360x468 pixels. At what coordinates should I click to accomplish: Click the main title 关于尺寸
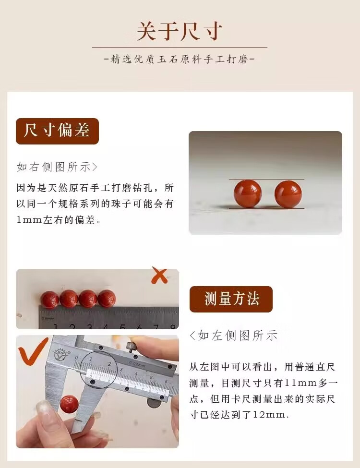(x=180, y=31)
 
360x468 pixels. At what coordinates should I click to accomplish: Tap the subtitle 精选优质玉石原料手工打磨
(x=179, y=59)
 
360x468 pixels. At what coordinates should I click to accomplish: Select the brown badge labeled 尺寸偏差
(x=57, y=131)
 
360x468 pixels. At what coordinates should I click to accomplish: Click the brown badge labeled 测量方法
(x=231, y=299)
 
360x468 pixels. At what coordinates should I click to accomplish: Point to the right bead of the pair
(x=288, y=194)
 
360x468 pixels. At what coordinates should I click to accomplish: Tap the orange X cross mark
(x=159, y=275)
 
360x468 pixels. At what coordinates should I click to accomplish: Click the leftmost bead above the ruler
(x=50, y=299)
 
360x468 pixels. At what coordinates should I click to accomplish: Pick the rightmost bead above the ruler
(x=107, y=298)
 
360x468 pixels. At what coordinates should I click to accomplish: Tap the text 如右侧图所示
(x=57, y=167)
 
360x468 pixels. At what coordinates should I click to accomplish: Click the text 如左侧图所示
(x=233, y=336)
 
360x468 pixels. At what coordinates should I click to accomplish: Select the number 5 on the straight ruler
(x=122, y=327)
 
